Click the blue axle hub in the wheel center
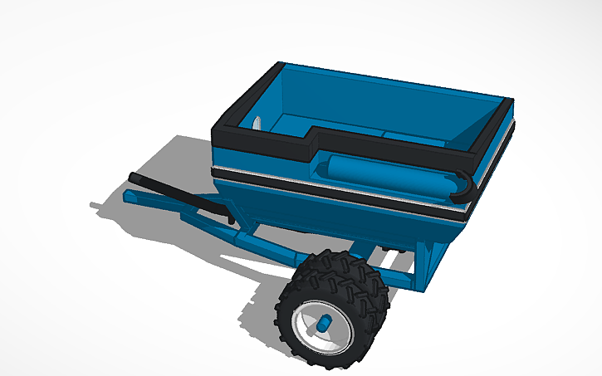[326, 320]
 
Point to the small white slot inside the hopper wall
[258, 124]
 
